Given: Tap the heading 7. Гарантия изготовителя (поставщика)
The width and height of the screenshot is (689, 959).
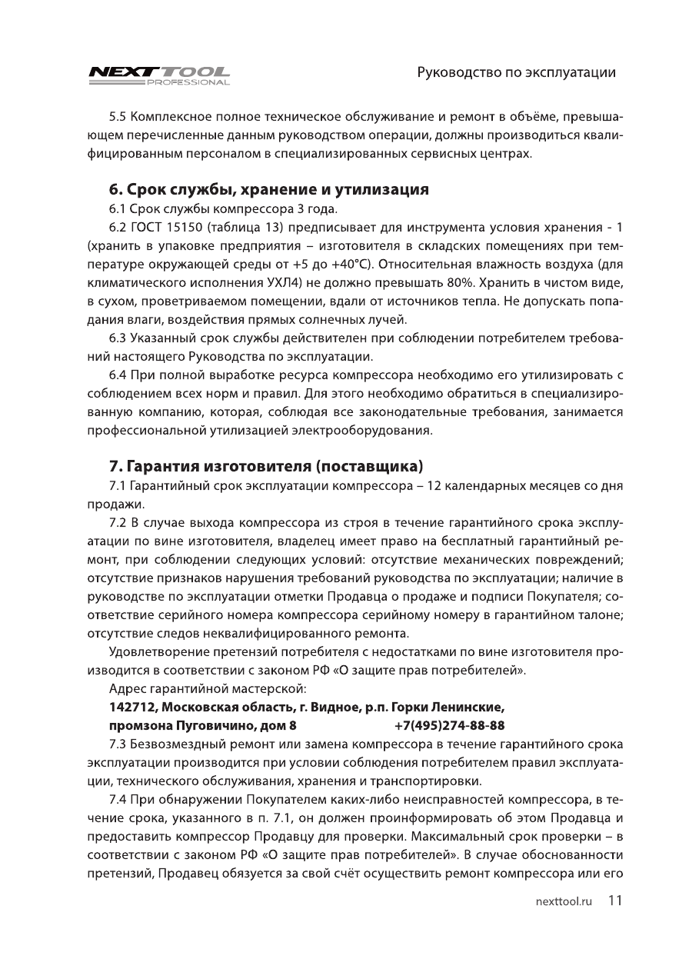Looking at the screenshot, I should tap(266, 466).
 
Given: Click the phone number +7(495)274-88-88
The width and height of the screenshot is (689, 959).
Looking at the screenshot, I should tap(449, 725).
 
